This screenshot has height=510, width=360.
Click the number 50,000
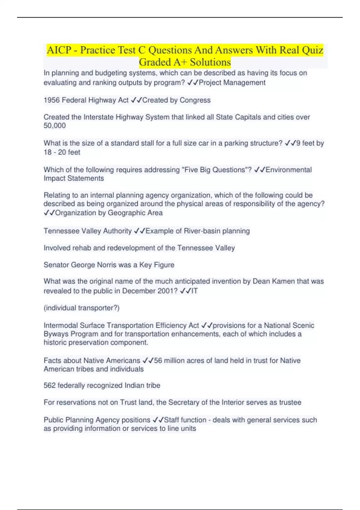(55, 126)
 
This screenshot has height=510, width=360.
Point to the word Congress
(195, 100)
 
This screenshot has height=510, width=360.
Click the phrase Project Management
(232, 82)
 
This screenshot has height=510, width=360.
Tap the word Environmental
(289, 170)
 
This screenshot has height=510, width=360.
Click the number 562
(49, 385)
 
